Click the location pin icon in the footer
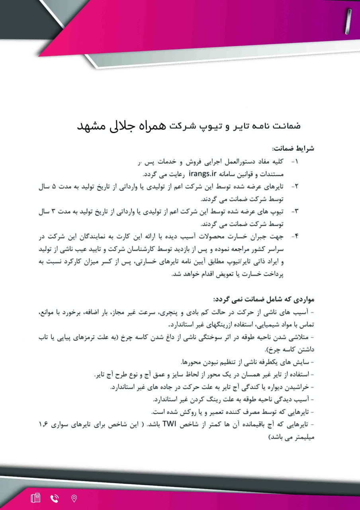(x=74, y=498)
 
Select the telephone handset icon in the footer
(x=55, y=498)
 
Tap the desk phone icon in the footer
(x=35, y=498)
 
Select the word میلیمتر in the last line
(x=304, y=436)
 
